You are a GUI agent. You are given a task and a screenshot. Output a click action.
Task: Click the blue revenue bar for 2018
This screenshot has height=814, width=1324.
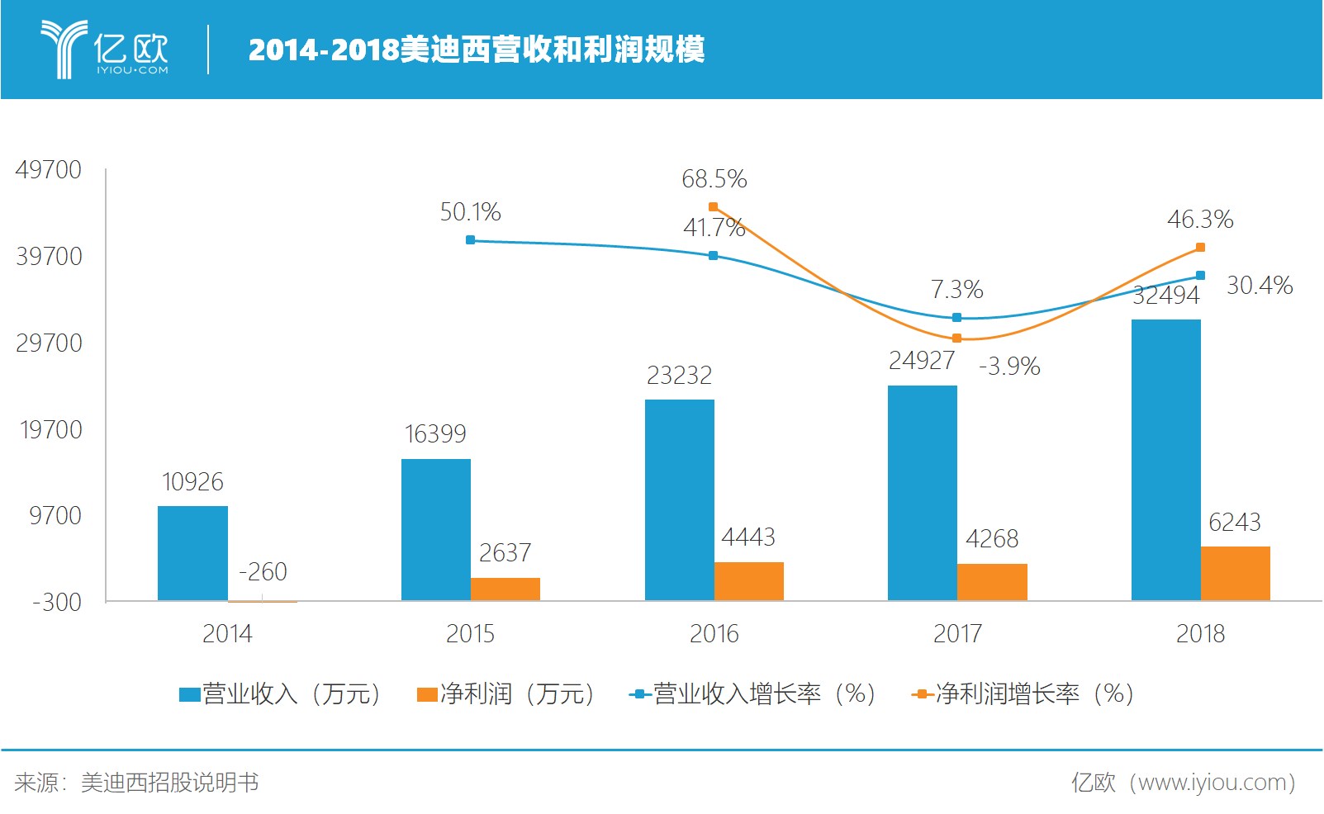click(x=1165, y=459)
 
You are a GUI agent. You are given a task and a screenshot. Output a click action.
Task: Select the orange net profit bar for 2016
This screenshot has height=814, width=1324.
click(x=748, y=581)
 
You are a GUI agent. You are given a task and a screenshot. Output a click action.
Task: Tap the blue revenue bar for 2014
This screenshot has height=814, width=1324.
click(x=192, y=553)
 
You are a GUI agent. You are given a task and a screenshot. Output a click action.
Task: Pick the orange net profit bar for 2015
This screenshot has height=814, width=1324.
click(x=505, y=589)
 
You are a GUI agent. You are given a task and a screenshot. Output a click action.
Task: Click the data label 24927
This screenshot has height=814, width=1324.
click(x=921, y=361)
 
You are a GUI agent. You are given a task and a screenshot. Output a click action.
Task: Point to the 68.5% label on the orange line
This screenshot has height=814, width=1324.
click(x=714, y=179)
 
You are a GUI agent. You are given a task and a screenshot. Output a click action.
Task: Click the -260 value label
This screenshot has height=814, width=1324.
click(x=263, y=571)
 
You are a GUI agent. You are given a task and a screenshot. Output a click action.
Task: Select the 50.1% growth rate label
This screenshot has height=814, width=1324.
click(x=470, y=212)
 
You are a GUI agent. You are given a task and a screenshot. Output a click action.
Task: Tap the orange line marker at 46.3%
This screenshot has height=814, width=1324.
click(x=1200, y=248)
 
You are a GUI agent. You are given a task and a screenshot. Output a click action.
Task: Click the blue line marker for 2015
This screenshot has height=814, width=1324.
click(x=470, y=240)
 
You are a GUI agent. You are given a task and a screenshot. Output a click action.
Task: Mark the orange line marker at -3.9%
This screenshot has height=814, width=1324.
click(x=956, y=338)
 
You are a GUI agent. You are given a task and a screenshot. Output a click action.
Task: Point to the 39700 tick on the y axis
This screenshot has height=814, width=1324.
click(x=49, y=257)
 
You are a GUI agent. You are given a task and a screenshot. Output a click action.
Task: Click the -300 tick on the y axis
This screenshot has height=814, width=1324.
click(x=56, y=602)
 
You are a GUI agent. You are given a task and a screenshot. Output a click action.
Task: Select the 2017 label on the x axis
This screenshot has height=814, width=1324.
click(x=957, y=633)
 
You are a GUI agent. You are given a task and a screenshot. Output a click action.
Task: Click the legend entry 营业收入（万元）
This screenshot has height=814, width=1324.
click(x=281, y=694)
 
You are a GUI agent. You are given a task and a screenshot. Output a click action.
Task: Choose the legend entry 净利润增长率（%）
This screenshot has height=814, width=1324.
click(x=1024, y=694)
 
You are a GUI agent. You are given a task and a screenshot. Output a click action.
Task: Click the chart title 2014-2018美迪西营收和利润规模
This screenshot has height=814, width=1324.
click(x=476, y=50)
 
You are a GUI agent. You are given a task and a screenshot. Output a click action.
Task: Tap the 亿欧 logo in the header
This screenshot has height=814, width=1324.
click(x=105, y=50)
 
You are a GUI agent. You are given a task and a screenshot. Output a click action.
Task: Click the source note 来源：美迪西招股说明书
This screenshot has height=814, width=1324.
click(x=136, y=782)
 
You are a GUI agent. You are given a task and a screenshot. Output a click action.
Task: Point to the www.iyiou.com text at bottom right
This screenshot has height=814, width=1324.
click(x=1209, y=782)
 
